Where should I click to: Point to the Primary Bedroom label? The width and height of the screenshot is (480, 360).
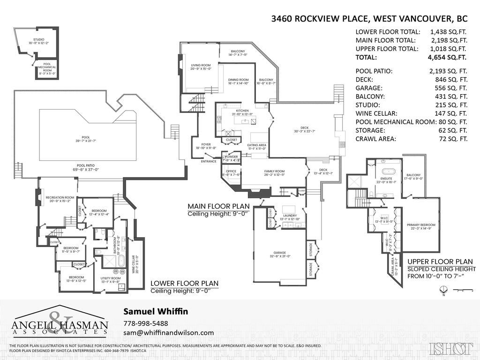pyautogui.click(x=420, y=227)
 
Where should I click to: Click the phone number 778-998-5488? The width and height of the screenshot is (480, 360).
pyautogui.click(x=146, y=323)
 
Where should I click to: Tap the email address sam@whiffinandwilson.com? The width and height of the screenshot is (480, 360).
pyautogui.click(x=168, y=333)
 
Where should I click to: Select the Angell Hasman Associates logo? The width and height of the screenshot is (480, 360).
pyautogui.click(x=60, y=322)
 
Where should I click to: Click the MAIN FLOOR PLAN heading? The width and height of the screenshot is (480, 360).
pyautogui.click(x=216, y=206)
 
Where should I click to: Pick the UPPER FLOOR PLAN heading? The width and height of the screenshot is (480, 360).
pyautogui.click(x=440, y=262)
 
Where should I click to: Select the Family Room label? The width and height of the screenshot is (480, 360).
pyautogui.click(x=273, y=172)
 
